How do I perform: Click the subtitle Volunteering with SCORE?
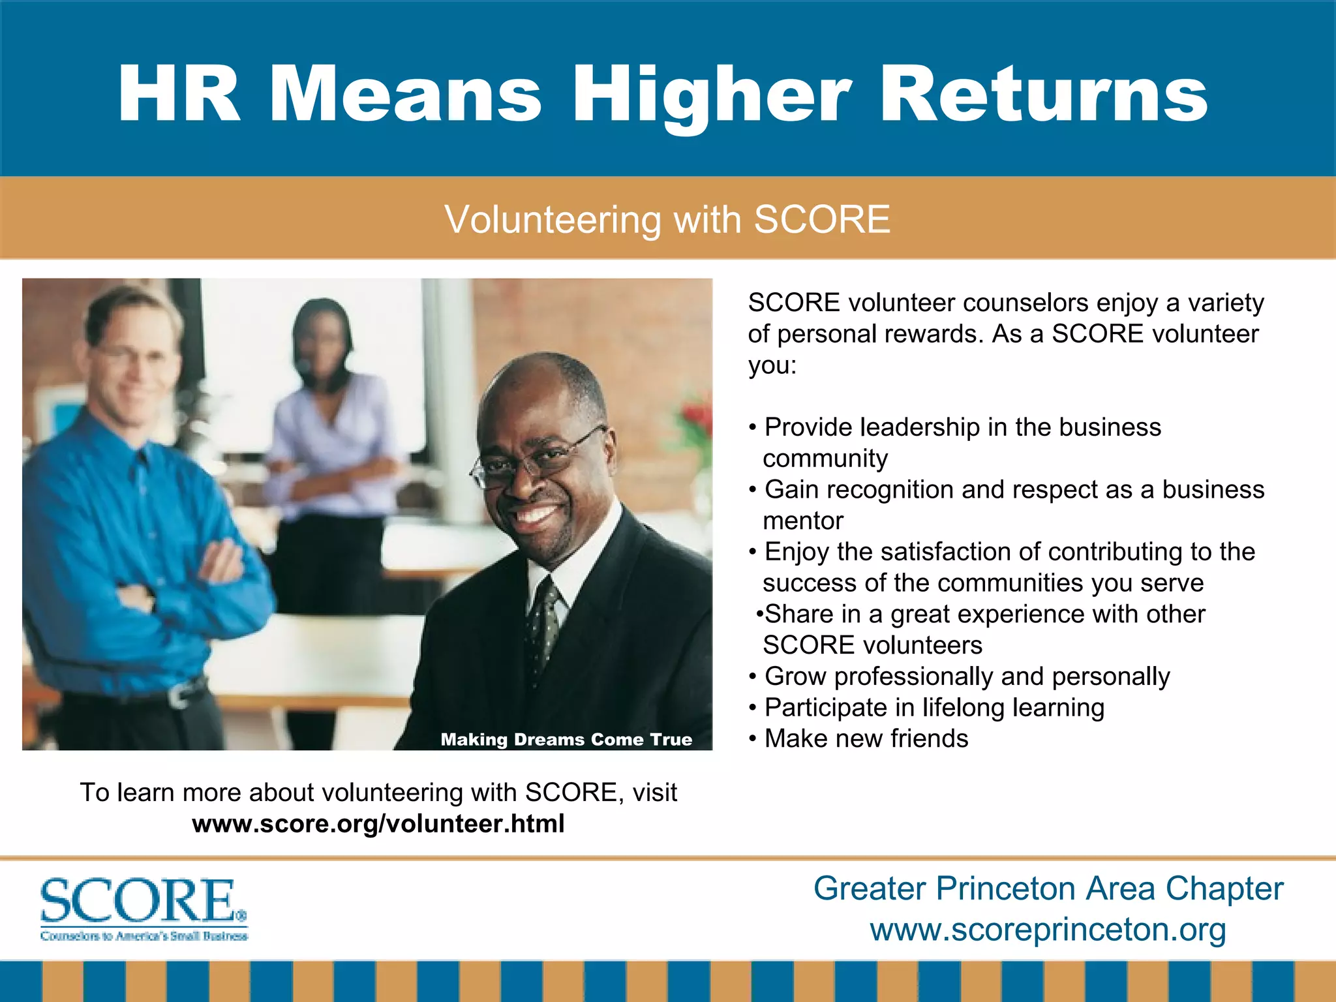click(x=667, y=219)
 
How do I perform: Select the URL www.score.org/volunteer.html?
click(x=378, y=824)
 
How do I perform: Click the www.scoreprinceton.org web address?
click(x=1048, y=930)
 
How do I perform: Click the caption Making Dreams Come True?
click(x=566, y=739)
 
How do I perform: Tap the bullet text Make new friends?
click(x=866, y=738)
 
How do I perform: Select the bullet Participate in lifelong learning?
click(x=934, y=707)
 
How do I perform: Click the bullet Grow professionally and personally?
click(x=967, y=676)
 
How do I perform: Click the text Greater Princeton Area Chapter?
click(x=1048, y=888)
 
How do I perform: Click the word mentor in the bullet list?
click(x=803, y=521)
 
